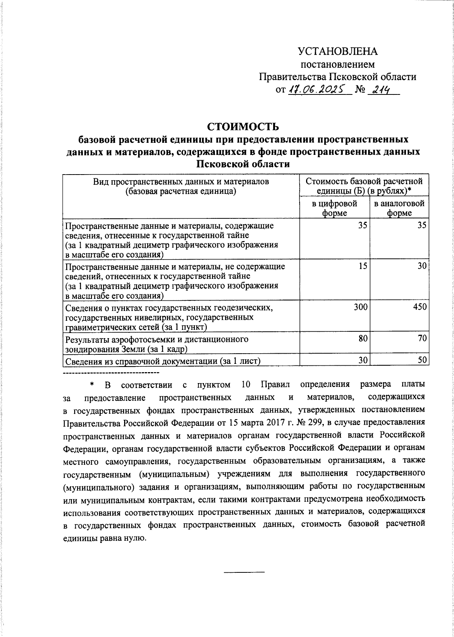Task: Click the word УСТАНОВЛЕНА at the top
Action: click(337, 51)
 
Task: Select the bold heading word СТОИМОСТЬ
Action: click(243, 126)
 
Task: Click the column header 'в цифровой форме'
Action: click(334, 208)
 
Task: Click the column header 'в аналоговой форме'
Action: click(399, 208)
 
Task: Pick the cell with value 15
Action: click(362, 266)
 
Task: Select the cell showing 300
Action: click(360, 307)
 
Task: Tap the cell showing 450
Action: click(420, 307)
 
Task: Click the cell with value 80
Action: click(362, 339)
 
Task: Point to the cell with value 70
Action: click(422, 339)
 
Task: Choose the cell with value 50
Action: click(422, 361)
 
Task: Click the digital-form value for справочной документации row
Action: click(362, 361)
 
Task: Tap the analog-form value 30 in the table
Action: click(422, 266)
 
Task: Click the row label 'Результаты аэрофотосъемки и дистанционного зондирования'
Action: click(157, 343)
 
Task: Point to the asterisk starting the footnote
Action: click(92, 385)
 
